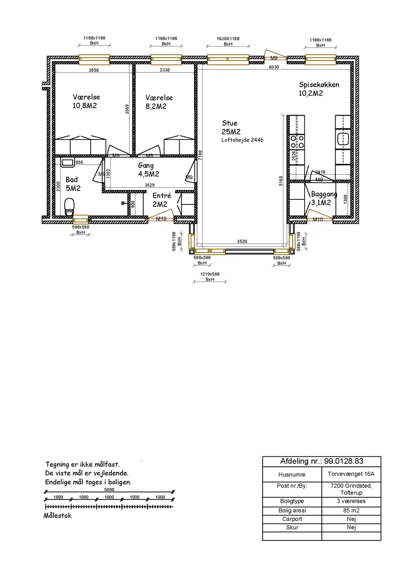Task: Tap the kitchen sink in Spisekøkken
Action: coord(343,139)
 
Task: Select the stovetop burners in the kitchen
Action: coord(297,141)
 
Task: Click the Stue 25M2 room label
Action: coord(231,127)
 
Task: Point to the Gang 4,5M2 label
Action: coord(148,170)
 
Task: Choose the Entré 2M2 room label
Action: coord(161,200)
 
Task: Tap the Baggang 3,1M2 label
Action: coord(323,198)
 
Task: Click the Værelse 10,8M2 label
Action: coord(86,101)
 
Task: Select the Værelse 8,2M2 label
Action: coord(159,102)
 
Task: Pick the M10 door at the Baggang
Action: coord(319,218)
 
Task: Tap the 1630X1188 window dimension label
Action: coord(228,39)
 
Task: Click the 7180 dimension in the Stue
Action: coord(200,155)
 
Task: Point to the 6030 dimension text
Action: coord(274,67)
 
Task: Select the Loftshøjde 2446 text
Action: coord(243,140)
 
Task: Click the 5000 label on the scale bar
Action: coord(109,490)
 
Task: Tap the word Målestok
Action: coord(58,515)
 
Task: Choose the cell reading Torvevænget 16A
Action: coord(351,474)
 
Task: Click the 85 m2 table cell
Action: coord(351,510)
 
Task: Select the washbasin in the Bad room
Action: coord(67,163)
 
